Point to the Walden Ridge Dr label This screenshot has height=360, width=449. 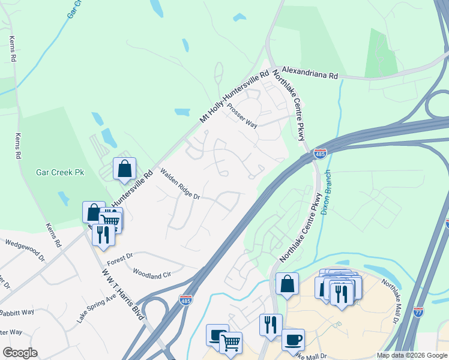point(179,184)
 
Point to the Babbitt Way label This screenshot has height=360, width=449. point(17,313)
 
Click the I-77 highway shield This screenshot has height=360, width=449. point(418,311)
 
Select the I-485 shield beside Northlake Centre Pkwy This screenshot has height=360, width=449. point(320,155)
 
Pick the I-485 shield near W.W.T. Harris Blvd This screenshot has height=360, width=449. point(185,299)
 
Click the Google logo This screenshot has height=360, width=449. point(20,353)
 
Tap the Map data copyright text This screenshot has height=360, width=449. point(411,355)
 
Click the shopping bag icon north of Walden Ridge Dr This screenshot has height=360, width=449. point(124,169)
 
